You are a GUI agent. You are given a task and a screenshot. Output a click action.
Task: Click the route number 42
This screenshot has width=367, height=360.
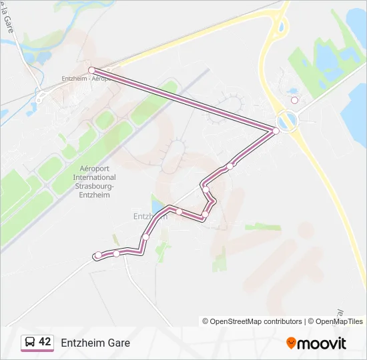[45, 342]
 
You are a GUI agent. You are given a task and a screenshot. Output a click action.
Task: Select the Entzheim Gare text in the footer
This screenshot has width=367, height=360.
[95, 343]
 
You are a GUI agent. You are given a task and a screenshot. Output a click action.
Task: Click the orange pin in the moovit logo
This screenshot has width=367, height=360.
[292, 343]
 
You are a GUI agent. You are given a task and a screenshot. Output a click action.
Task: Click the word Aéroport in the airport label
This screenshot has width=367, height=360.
[94, 169]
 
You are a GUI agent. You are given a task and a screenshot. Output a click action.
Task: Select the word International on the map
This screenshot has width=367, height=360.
[94, 177]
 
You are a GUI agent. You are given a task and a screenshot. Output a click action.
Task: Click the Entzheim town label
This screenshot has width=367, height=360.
[148, 217]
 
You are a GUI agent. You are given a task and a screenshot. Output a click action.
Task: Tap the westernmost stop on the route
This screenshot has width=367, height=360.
[98, 255]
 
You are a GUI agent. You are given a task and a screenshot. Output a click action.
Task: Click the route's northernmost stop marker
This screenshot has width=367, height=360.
[91, 70]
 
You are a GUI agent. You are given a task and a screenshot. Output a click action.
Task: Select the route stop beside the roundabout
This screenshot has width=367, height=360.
[276, 131]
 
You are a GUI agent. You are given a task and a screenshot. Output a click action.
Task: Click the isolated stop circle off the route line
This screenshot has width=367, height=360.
[294, 101]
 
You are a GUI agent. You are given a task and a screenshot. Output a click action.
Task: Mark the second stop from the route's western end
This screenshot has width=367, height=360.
[116, 253]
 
